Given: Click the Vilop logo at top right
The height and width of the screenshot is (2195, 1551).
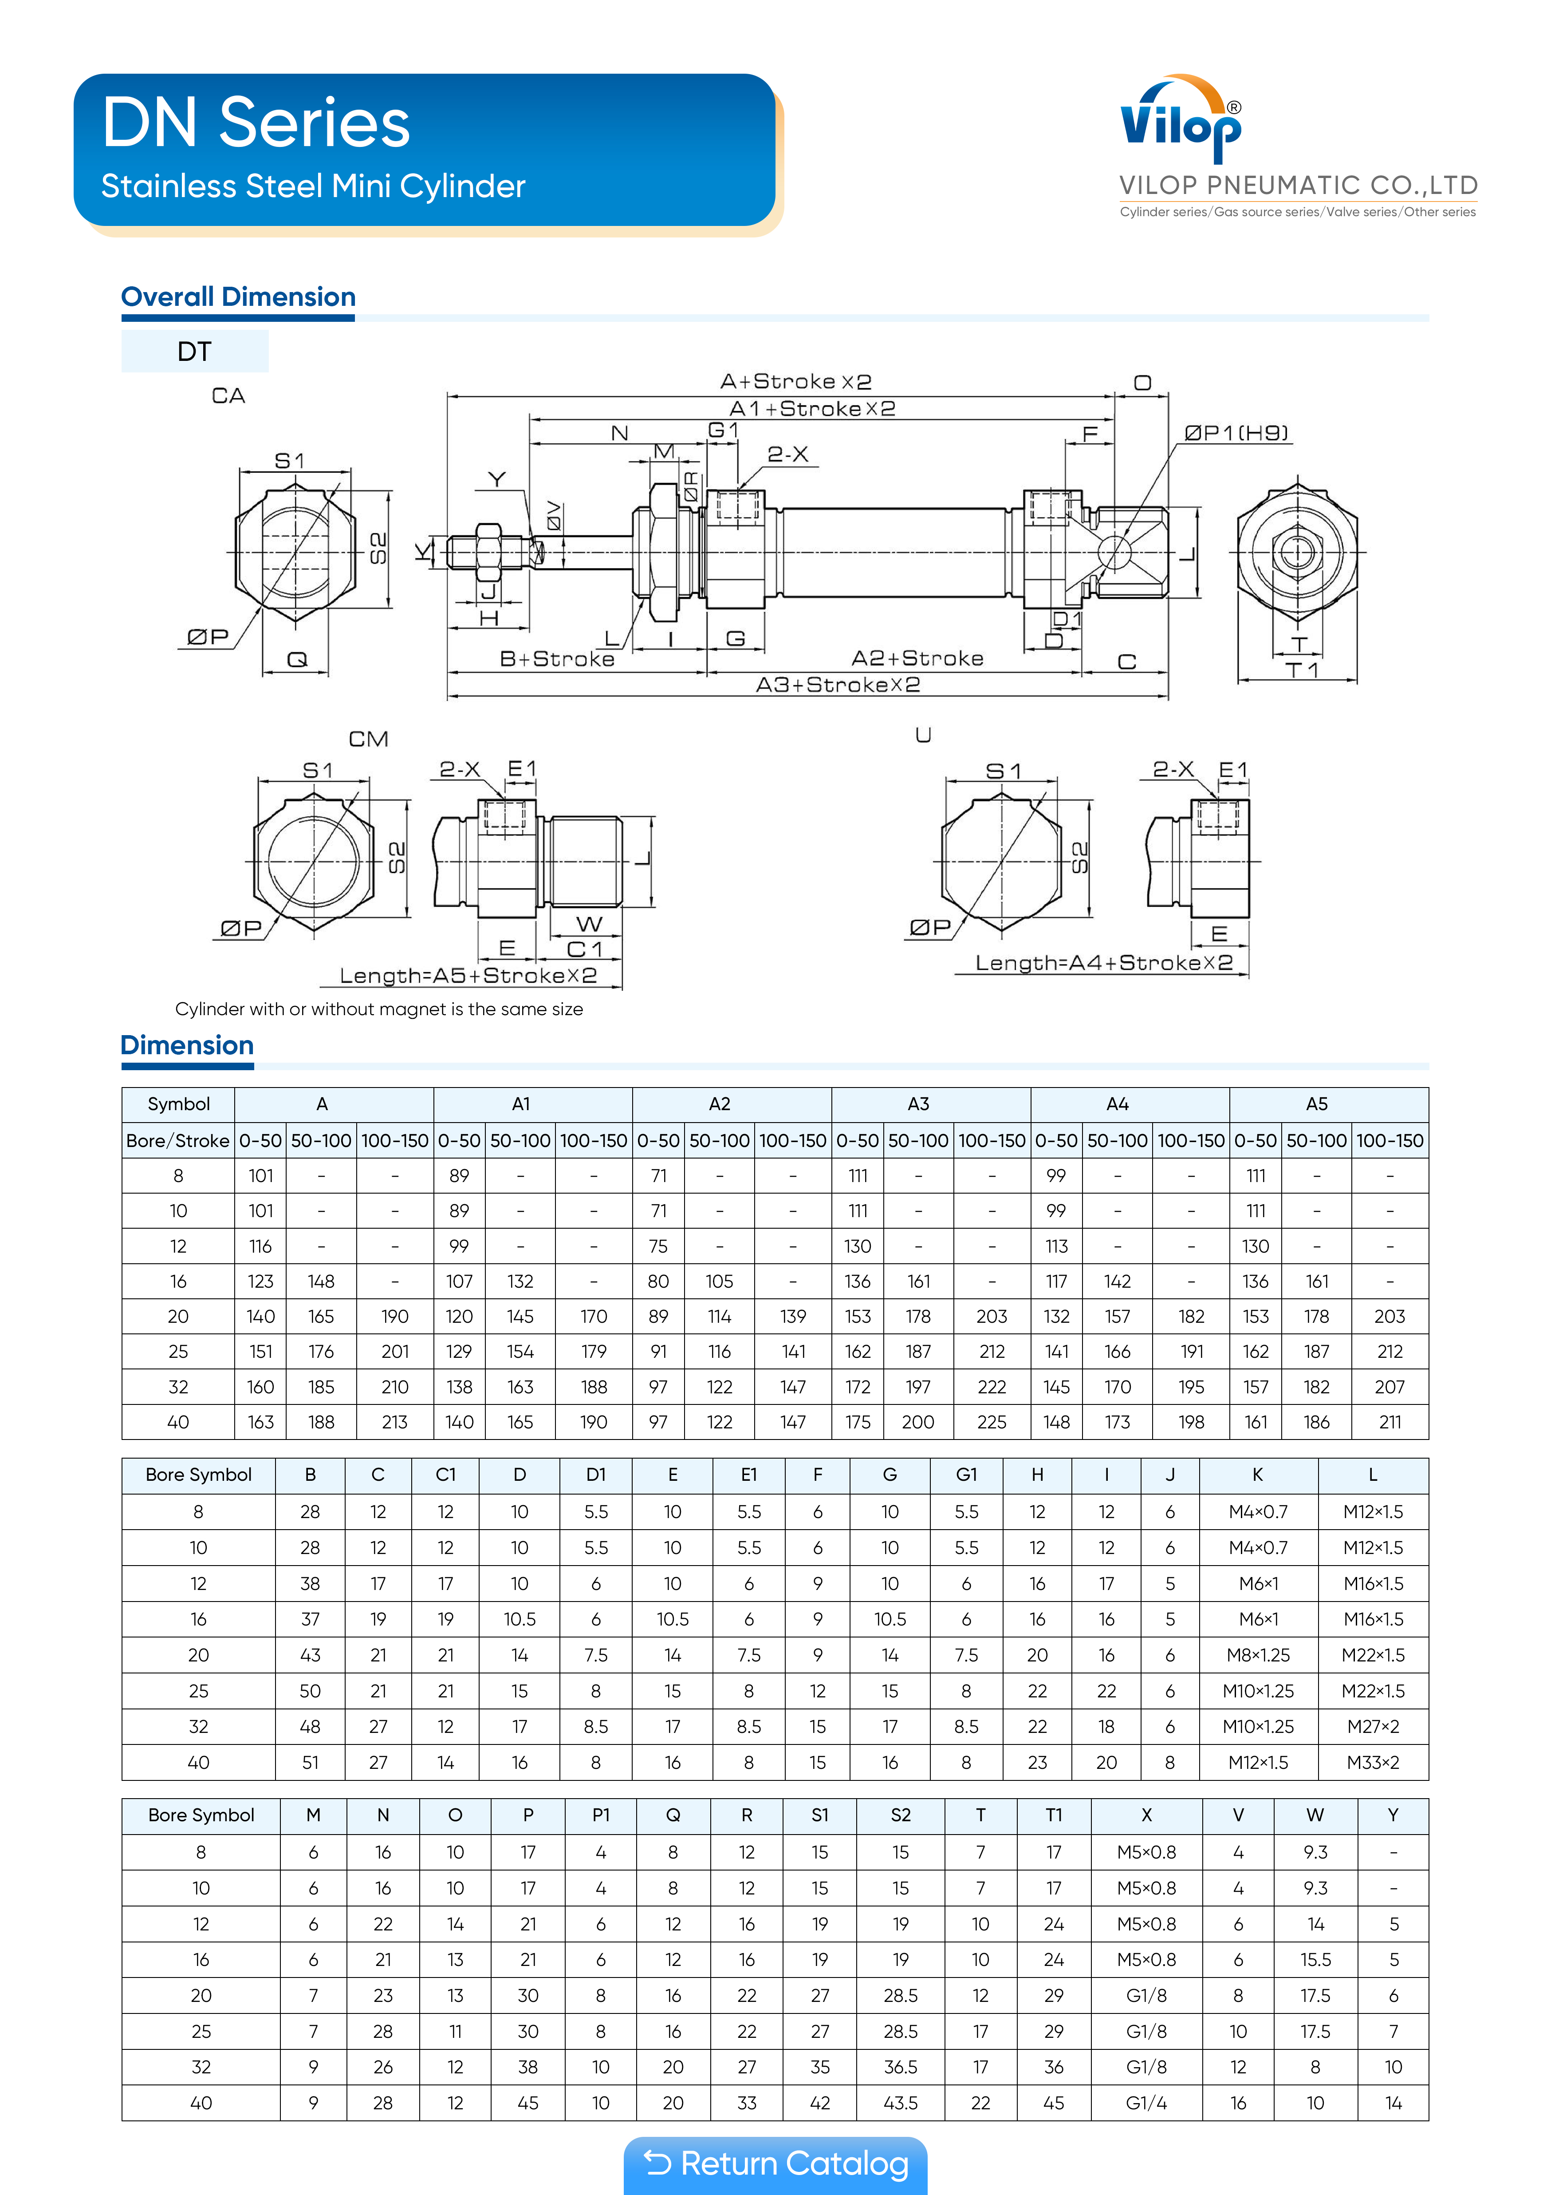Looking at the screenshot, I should click(x=1181, y=122).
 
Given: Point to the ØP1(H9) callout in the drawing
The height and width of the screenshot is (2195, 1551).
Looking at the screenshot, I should click(x=1236, y=433).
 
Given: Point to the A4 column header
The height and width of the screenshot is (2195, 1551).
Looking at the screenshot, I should click(x=1117, y=1104).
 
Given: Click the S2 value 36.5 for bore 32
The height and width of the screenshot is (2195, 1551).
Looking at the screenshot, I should click(x=900, y=2067).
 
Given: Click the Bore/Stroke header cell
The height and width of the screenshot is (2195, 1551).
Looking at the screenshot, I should click(x=178, y=1140).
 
